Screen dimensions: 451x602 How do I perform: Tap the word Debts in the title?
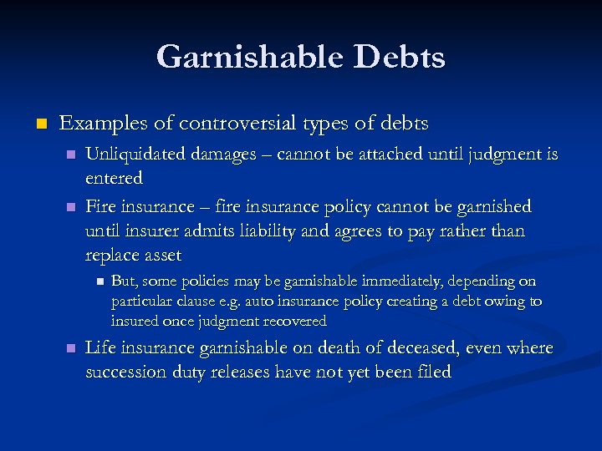tap(400, 57)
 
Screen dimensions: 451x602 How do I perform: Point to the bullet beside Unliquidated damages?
tap(71, 155)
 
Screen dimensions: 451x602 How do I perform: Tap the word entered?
tap(114, 177)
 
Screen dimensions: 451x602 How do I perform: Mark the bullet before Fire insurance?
tap(71, 206)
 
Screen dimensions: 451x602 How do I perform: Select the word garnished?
tap(492, 206)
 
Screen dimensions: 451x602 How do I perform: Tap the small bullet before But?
tap(98, 281)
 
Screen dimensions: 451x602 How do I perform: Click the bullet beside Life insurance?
tap(71, 347)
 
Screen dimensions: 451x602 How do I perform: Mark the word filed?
tap(431, 372)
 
